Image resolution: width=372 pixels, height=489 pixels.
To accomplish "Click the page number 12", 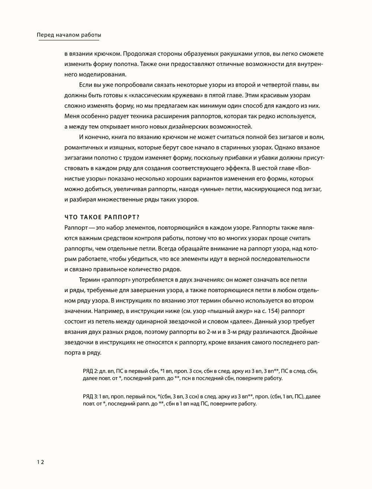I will click(40, 462).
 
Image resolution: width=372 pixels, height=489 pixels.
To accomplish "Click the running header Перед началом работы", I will click(69, 35).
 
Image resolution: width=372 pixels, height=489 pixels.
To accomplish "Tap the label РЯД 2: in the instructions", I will click(90, 372).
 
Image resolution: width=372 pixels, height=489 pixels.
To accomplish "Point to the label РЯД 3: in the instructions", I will click(90, 397).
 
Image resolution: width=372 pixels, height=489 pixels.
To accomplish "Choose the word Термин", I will click(89, 280).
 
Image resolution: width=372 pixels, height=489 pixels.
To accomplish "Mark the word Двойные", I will click(306, 332).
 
